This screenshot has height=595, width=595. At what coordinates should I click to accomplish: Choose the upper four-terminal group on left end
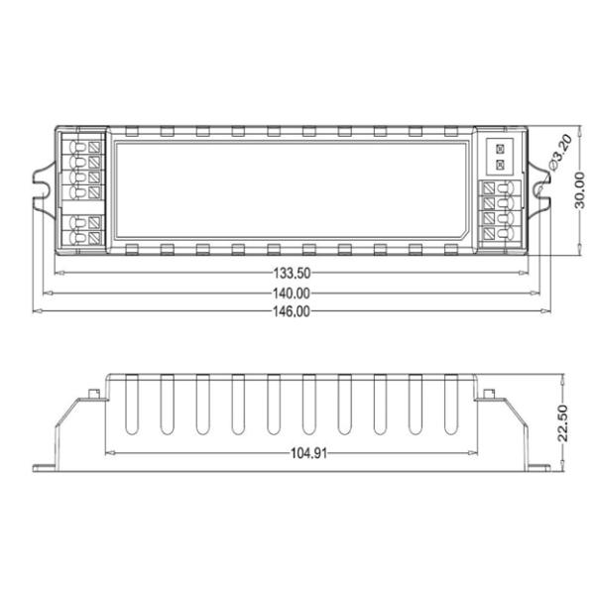(x=84, y=166)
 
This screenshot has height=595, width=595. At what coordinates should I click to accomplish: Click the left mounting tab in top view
(x=44, y=187)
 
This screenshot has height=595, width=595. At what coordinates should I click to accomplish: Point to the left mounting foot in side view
(x=48, y=465)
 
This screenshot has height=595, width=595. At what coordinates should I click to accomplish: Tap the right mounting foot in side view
(x=535, y=465)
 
